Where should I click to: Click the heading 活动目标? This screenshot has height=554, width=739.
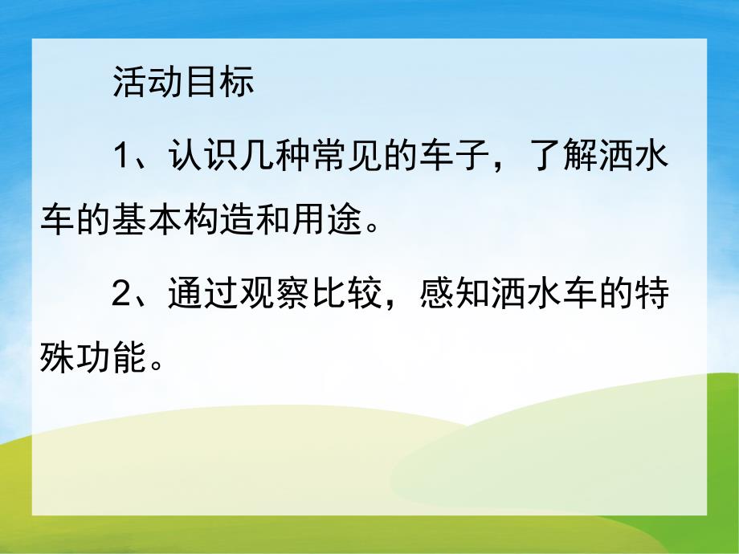(x=183, y=84)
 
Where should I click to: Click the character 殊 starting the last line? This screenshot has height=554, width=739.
(x=59, y=353)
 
